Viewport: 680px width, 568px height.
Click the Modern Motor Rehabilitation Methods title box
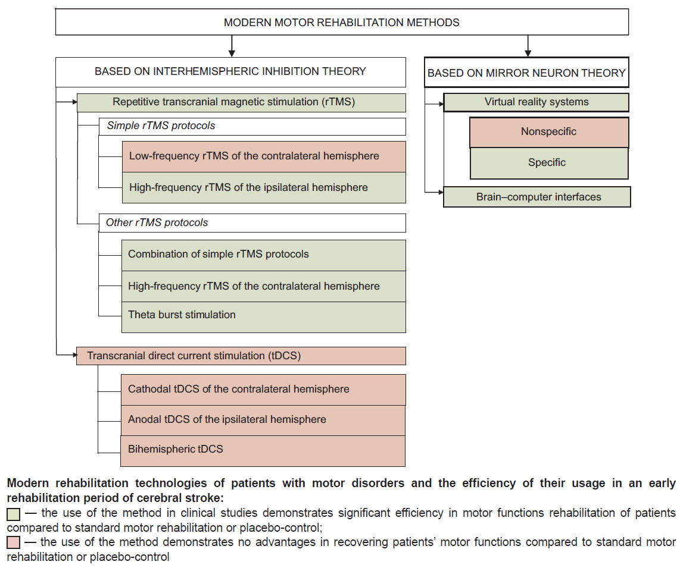[342, 22]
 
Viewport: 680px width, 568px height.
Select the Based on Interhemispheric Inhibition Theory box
[230, 72]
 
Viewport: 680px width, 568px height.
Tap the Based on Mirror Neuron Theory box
[526, 73]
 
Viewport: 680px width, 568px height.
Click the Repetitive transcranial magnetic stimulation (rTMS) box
[241, 103]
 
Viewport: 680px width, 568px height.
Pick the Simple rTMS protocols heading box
[252, 127]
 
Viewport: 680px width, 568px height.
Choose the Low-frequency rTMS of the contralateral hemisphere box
[264, 156]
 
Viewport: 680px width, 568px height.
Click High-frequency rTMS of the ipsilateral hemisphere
[264, 187]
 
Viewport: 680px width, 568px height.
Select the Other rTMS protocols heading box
[252, 222]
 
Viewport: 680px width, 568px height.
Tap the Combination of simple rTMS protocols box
[264, 256]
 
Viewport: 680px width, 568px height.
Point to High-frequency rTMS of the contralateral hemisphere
[264, 287]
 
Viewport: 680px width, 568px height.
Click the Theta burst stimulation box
[264, 317]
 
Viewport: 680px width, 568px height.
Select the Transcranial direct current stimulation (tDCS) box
[241, 356]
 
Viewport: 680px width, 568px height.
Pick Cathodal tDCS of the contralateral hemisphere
[263, 390]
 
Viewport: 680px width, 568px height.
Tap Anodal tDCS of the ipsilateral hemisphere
[263, 420]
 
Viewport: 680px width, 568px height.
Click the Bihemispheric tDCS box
[263, 451]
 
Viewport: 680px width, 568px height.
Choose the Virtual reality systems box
[536, 103]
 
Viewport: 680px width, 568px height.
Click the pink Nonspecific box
[549, 132]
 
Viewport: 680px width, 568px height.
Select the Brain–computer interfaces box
[537, 197]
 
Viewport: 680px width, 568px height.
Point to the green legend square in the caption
[14, 514]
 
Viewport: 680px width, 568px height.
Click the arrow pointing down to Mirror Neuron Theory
[528, 46]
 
